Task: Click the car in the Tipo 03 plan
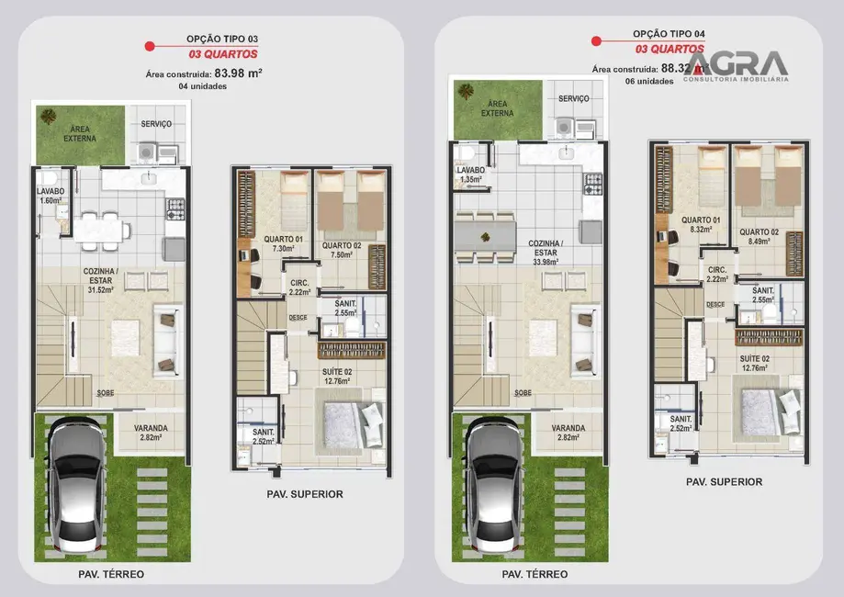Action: pos(76,488)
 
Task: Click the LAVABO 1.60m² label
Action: pos(51,196)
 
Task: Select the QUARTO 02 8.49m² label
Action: pos(759,237)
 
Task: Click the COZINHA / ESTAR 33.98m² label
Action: pos(545,250)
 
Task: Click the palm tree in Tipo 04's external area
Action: pos(466,90)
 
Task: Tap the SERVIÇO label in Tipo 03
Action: pos(156,123)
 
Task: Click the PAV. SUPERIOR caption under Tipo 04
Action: pos(724,481)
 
